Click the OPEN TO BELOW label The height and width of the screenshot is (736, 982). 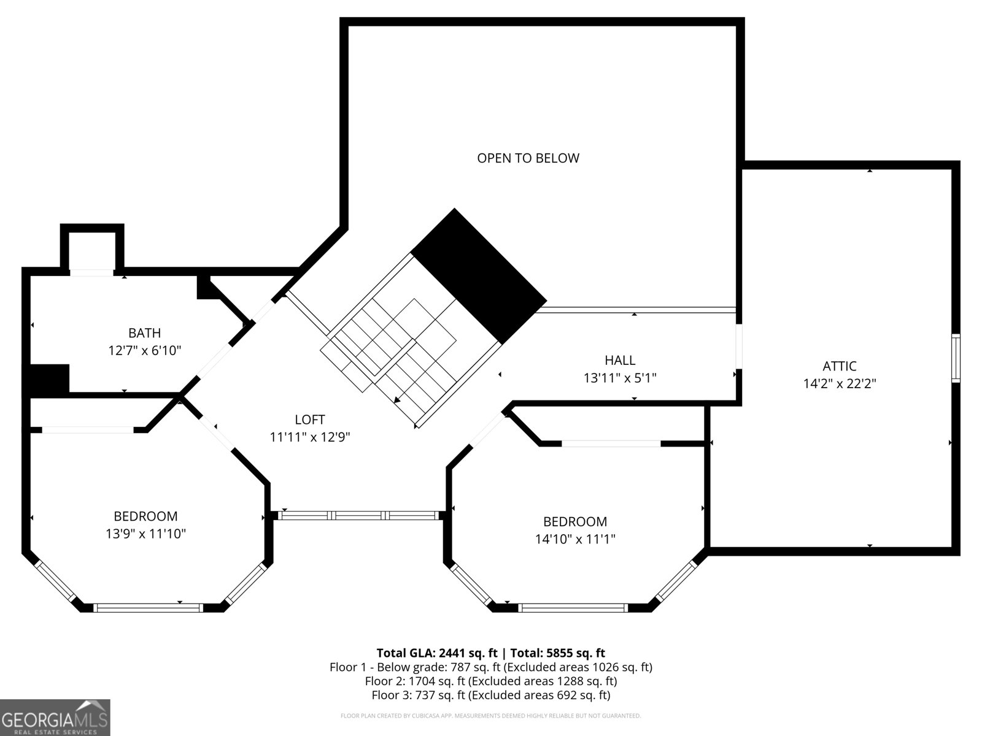click(528, 158)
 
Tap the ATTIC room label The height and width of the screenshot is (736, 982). click(839, 366)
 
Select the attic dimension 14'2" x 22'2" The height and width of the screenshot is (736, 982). click(839, 384)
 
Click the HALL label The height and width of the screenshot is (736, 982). click(619, 360)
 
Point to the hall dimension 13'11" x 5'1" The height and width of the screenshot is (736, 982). click(619, 378)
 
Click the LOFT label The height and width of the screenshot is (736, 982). click(310, 420)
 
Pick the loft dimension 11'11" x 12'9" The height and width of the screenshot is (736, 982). click(310, 437)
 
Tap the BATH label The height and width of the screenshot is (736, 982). click(144, 333)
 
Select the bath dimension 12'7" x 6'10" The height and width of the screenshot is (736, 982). click(144, 351)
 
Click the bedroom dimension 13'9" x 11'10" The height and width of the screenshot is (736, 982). click(145, 534)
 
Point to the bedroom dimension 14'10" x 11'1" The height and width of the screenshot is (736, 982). click(575, 539)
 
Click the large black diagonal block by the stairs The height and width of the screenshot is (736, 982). click(479, 276)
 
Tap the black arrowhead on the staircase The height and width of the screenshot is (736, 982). click(398, 400)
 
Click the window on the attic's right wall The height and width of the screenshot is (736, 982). click(955, 358)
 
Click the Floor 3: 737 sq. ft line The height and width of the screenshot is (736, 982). click(490, 695)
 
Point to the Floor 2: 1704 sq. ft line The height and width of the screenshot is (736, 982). click(490, 681)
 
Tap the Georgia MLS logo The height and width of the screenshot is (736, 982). click(55, 718)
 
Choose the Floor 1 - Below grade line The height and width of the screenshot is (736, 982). click(490, 667)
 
